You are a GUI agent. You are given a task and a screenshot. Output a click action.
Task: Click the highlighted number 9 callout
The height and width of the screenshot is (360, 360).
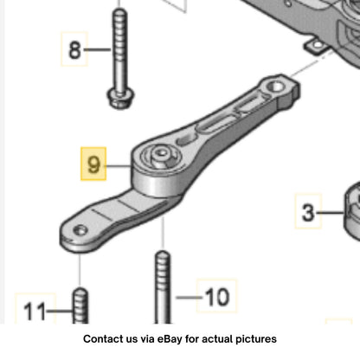coord(93,164)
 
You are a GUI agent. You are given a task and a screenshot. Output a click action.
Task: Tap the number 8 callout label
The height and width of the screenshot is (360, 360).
coord(74,49)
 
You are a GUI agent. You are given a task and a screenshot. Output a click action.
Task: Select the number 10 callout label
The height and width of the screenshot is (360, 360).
coord(217,296)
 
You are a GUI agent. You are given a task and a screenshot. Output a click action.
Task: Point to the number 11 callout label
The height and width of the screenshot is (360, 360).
coord(35,311)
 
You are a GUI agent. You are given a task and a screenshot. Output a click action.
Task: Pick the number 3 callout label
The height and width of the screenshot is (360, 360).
coord(308,212)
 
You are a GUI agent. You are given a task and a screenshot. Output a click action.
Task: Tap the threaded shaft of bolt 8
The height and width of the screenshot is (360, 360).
coord(120,49)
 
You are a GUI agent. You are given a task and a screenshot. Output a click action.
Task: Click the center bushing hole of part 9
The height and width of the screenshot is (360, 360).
coord(160,153)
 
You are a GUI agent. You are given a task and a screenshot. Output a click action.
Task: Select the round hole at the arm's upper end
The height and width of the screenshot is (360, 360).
coord(275,87)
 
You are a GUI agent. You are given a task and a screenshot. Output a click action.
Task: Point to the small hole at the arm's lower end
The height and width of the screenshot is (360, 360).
coord(80,230)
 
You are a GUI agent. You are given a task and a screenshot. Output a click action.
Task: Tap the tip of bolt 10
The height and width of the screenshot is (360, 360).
coord(163,254)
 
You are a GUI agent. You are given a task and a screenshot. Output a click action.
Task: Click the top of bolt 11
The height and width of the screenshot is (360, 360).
coord(80,291)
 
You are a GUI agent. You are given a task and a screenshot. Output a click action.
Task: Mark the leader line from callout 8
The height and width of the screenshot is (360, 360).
coord(97,49)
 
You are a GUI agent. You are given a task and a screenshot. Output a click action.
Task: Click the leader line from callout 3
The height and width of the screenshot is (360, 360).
coord(331,213)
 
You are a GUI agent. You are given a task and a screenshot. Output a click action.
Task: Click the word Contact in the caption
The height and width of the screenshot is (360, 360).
coord(100,339)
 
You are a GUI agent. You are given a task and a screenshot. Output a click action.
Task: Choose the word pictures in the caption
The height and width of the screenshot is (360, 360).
coord(256,339)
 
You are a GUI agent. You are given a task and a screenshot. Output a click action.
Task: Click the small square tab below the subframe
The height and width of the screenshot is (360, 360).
coord(317,46)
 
